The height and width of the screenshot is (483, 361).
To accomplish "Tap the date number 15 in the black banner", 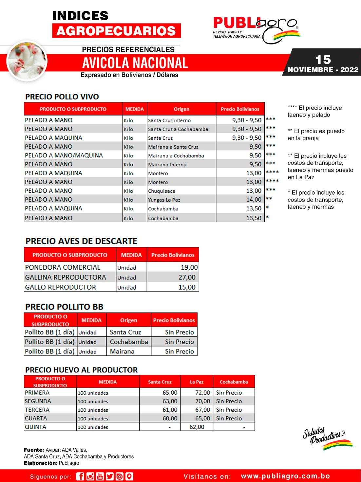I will [323, 60].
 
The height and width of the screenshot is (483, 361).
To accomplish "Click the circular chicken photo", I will [27, 61].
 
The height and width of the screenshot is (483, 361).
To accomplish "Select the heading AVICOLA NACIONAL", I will [135, 63].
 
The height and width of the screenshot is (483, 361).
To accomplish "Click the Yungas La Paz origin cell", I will [164, 200].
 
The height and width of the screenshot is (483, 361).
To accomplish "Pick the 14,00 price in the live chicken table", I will [254, 200].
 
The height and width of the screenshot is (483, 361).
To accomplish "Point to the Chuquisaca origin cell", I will [161, 191].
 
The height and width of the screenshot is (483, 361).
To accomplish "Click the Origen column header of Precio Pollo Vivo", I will [181, 109].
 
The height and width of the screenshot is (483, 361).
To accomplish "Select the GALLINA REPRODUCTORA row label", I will [66, 277].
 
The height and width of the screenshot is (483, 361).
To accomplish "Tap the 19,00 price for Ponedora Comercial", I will [189, 267].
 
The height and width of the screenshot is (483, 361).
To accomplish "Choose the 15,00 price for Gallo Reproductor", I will [187, 287].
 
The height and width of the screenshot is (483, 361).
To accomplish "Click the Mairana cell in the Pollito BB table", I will [122, 351].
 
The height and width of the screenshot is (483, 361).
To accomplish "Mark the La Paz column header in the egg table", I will [197, 382].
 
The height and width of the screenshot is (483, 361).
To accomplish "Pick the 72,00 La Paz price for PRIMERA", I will [203, 393].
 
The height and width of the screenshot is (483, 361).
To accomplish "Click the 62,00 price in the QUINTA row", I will [197, 427].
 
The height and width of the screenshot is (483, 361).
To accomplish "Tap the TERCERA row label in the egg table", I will [37, 410].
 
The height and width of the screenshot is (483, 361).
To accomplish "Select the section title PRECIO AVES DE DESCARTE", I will [81, 241].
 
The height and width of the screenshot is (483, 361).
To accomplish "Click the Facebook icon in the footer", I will [80, 476].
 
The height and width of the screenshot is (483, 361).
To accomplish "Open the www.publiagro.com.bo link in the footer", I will [285, 476].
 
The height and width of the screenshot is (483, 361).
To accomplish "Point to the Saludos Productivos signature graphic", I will [328, 437].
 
